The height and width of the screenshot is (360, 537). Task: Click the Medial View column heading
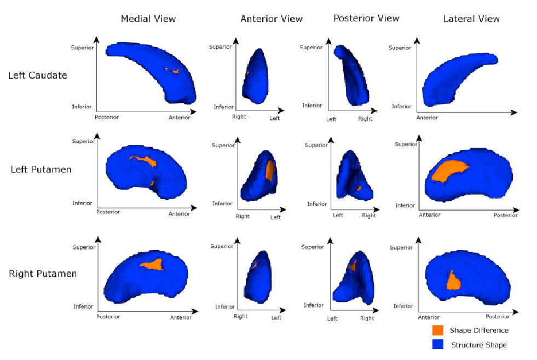click(x=148, y=19)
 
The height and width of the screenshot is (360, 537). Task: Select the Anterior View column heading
click(x=272, y=19)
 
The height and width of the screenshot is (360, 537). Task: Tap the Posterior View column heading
click(x=366, y=18)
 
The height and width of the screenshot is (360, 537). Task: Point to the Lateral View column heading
click(x=471, y=19)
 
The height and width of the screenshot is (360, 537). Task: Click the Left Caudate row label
click(x=38, y=75)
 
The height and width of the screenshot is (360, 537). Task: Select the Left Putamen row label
click(x=41, y=169)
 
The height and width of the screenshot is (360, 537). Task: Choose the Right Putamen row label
click(x=43, y=273)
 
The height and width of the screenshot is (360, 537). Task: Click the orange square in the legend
click(x=437, y=330)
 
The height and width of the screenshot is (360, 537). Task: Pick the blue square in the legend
click(x=437, y=345)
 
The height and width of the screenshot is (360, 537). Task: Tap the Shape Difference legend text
click(x=479, y=330)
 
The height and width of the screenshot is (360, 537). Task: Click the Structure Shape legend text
click(x=478, y=345)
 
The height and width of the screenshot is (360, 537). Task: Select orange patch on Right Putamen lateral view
click(x=453, y=281)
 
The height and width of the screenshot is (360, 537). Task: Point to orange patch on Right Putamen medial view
click(x=153, y=265)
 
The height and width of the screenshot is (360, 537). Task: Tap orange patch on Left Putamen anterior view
click(x=269, y=170)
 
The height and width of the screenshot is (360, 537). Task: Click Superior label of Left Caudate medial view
click(x=82, y=48)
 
